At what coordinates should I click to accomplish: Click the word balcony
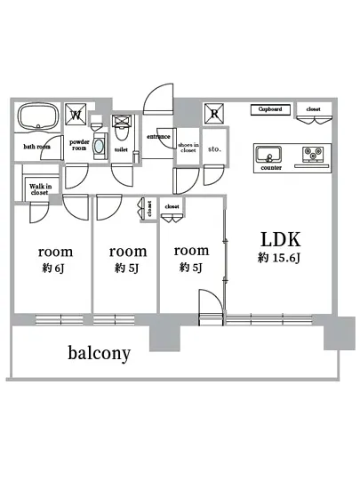click(100, 353)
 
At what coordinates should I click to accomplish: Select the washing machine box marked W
click(77, 114)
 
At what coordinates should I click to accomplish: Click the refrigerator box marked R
click(214, 112)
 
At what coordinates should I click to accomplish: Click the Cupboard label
click(269, 109)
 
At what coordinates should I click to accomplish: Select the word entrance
click(159, 137)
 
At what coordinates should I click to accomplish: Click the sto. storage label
click(214, 150)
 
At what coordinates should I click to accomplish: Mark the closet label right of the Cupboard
click(313, 109)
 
